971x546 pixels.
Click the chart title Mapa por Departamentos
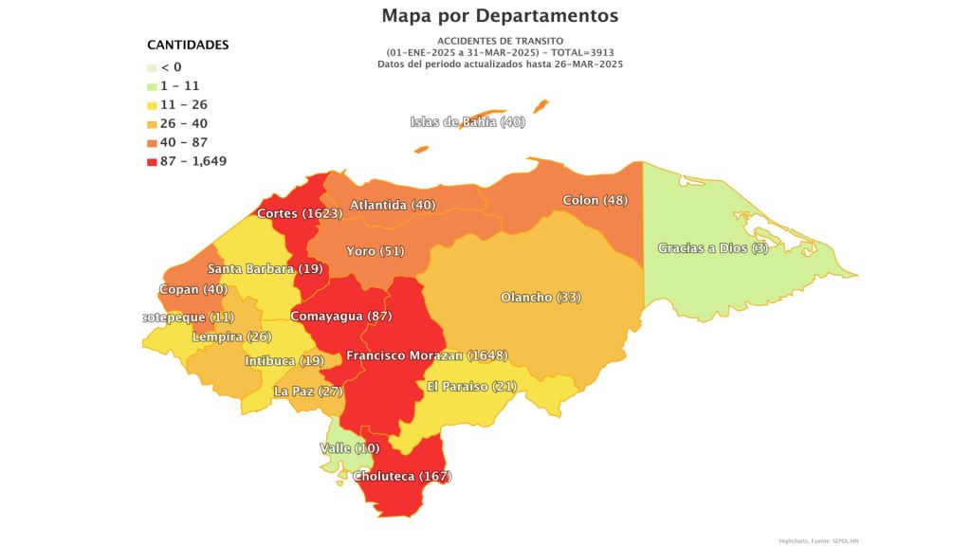click(500, 16)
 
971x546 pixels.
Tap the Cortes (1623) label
click(299, 214)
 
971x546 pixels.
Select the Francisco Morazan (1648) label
click(427, 355)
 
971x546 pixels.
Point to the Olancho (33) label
click(540, 298)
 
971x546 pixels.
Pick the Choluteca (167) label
click(402, 476)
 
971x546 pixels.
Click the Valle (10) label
click(349, 447)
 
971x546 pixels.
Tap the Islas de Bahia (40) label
click(467, 122)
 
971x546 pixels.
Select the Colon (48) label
click(595, 200)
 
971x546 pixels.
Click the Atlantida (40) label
click(392, 205)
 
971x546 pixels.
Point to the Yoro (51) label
click(375, 251)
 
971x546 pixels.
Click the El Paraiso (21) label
click(470, 386)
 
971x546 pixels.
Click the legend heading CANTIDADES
click(188, 45)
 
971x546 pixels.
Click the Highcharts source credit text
click(817, 540)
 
